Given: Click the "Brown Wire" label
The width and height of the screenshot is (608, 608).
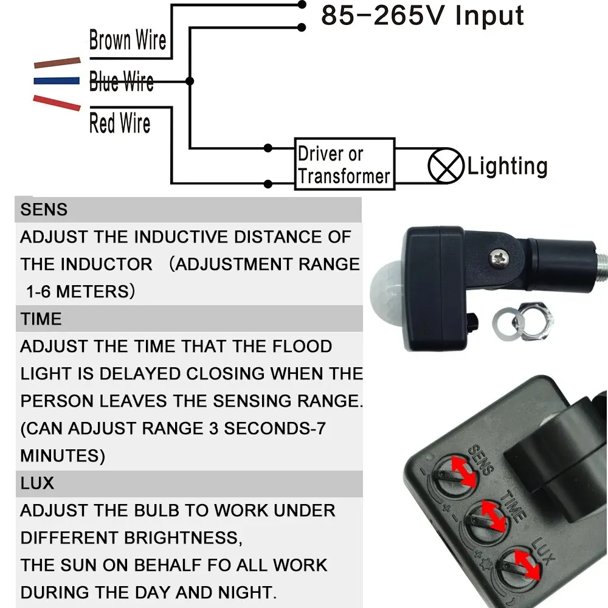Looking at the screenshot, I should point(127,41).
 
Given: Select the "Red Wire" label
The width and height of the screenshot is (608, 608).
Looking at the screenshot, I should point(120,123).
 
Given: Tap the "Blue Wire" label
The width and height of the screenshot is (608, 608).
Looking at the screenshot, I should point(121,81).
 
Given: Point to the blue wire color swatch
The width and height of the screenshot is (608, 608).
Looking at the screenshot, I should point(57,80).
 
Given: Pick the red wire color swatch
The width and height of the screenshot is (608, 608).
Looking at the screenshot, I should point(57,102).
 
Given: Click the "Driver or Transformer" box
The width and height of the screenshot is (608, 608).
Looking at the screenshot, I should point(344,164).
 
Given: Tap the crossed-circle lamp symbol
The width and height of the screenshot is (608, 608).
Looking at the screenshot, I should point(442,165).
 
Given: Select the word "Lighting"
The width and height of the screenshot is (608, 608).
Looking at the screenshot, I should point(507,166).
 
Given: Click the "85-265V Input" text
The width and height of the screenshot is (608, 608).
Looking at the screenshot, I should point(422,16).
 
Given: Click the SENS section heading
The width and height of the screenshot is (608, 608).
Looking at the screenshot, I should point(44,210).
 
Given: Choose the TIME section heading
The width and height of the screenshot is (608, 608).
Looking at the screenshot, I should point(41,319).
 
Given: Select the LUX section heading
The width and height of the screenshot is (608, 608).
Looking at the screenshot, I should point(37,483).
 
